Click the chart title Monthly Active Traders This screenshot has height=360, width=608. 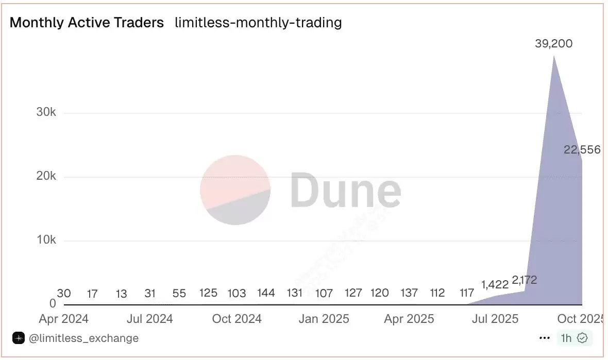87,23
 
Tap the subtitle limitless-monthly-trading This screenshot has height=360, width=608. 258,23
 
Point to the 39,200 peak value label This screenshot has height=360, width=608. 553,44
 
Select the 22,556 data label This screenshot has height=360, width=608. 582,150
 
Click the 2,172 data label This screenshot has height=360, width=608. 525,280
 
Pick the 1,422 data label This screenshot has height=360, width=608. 495,284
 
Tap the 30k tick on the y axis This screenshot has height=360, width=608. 46,112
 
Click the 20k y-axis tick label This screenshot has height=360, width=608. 46,176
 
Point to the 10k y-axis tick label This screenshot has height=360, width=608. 46,240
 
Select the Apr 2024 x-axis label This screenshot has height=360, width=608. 63,319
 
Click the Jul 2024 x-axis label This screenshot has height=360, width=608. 150,319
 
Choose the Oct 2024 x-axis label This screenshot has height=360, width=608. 237,319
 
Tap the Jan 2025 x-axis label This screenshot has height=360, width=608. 324,319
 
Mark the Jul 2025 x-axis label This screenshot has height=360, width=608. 495,319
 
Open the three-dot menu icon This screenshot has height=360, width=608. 545,338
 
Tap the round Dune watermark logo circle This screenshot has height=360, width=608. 235,190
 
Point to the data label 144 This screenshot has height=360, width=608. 266,293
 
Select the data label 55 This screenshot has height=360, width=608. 179,293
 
